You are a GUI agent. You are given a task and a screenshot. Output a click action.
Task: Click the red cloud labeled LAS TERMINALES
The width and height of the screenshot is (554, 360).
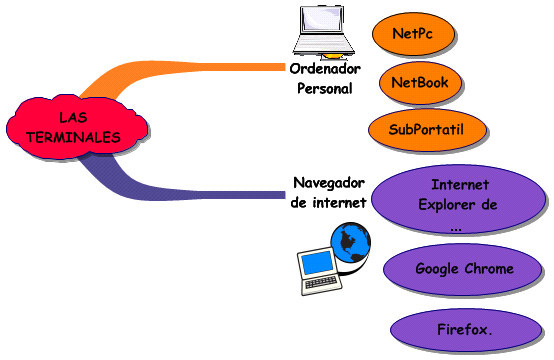point(71,127)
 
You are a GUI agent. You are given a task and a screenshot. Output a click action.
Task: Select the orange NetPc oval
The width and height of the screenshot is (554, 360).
point(414,33)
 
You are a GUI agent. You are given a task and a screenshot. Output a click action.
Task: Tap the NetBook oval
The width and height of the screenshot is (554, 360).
point(420,83)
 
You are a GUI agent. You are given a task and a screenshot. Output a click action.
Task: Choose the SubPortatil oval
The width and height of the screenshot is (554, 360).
point(427,129)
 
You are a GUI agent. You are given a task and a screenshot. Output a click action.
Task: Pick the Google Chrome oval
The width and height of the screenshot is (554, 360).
point(464,268)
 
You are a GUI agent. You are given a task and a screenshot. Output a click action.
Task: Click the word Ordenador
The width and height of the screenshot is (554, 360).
point(325,69)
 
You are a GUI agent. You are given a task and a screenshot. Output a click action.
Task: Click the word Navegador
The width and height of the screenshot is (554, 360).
point(329,183)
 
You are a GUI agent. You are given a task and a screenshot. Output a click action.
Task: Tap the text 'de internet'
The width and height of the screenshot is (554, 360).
point(329,202)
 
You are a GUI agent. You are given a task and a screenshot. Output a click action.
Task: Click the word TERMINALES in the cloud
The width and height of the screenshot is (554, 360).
point(72,136)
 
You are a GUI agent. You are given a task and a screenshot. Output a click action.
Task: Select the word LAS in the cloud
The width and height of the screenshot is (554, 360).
point(72,118)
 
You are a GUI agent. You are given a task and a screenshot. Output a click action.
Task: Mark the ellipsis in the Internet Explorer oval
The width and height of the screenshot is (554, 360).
point(456,229)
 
